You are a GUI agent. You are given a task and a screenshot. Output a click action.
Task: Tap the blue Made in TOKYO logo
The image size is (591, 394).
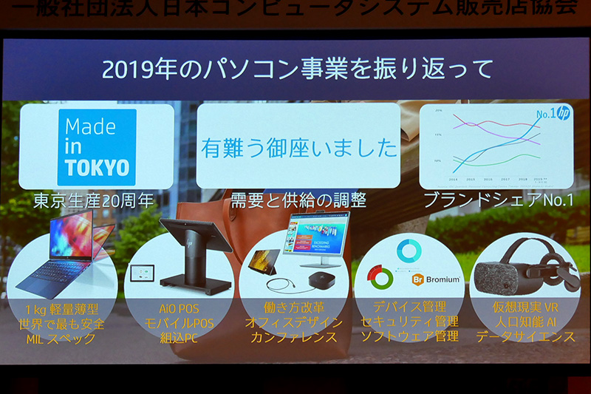(97, 146)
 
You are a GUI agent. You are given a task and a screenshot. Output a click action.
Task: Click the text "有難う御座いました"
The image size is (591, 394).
(298, 147)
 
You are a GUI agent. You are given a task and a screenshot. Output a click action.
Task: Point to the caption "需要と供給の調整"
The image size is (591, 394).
(298, 201)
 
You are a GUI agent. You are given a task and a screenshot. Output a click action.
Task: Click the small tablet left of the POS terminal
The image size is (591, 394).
(141, 274)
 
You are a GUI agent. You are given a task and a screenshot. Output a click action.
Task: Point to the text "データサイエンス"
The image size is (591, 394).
(525, 336)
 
